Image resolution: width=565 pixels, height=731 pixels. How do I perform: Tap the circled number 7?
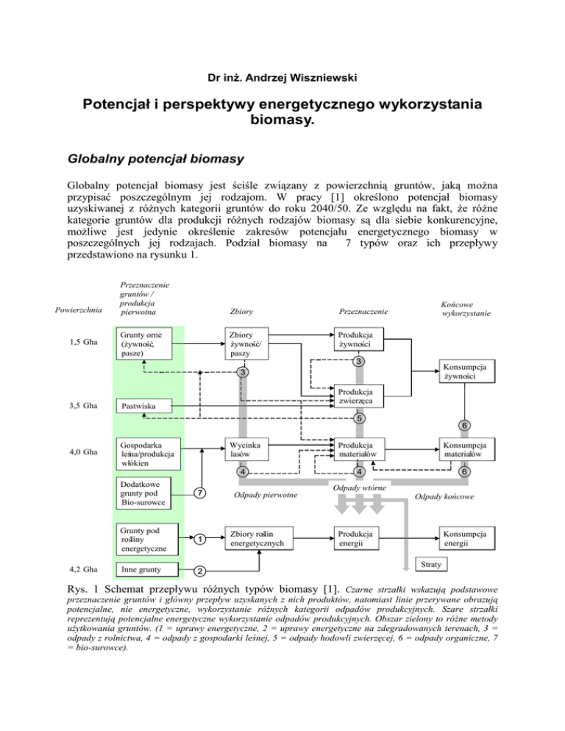[200, 492]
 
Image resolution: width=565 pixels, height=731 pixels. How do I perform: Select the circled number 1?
[200, 538]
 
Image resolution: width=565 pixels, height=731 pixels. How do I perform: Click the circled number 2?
[200, 571]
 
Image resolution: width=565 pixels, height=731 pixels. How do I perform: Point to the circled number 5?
[358, 419]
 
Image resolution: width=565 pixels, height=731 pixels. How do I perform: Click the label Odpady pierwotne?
[265, 496]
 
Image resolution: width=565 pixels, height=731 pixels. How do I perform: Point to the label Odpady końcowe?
[444, 496]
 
